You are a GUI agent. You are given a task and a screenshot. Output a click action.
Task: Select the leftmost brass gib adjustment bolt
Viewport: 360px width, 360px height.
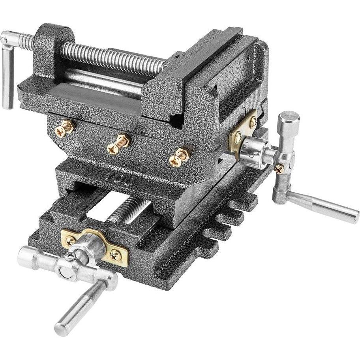point(65,129)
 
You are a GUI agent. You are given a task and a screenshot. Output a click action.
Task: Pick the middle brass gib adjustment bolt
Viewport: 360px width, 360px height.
point(118,143)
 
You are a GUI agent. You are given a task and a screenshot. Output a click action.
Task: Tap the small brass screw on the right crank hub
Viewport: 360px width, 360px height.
point(279,169)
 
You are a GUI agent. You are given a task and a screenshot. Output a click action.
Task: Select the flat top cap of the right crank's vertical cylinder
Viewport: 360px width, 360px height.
point(289,116)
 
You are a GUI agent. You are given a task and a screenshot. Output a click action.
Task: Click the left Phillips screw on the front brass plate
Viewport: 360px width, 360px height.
point(71,240)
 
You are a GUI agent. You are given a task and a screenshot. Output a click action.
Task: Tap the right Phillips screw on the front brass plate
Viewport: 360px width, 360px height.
point(115,255)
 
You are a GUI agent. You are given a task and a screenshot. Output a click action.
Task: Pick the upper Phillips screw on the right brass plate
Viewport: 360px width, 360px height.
point(253,122)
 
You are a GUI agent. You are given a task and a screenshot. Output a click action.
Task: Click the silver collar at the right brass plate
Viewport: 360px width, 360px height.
point(253,152)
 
